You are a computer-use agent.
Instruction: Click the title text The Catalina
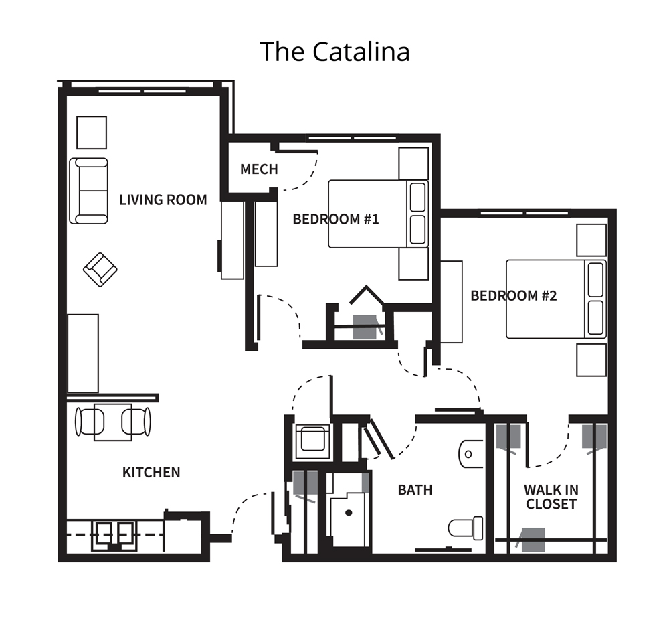[x=335, y=52]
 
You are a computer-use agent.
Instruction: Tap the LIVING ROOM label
[x=163, y=200]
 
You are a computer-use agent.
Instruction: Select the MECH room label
[x=259, y=169]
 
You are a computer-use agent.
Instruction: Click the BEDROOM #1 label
[x=336, y=219]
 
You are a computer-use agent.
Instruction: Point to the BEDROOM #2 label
[x=514, y=295]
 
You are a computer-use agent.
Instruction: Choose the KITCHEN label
[x=151, y=473]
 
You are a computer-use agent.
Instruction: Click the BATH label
[x=415, y=490]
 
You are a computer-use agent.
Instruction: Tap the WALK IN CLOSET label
[x=551, y=497]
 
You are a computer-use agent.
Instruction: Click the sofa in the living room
[x=89, y=191]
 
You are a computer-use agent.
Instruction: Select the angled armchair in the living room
[x=100, y=270]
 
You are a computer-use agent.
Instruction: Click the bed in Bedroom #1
[x=378, y=214]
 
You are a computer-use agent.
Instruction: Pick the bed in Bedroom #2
[x=556, y=299]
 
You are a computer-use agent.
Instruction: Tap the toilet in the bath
[x=466, y=528]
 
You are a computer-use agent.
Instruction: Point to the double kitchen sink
[x=114, y=534]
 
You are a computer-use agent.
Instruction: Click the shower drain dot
[x=349, y=513]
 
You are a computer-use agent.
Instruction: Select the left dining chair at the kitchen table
[x=90, y=422]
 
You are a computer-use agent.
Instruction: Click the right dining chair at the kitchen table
[x=136, y=422]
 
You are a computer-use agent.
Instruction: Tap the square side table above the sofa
[x=92, y=133]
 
